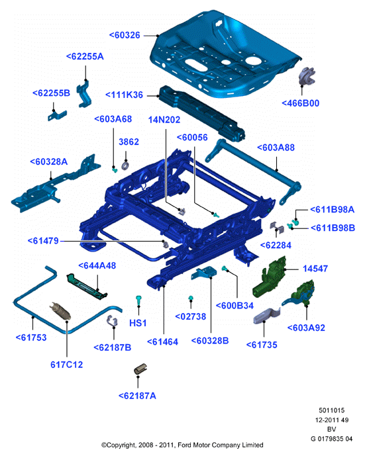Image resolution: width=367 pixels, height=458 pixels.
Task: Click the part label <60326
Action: pyautogui.click(x=125, y=35)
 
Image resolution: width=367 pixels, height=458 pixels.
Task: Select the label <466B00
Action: pyautogui.click(x=300, y=103)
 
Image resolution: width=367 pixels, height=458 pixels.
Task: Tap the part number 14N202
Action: pyautogui.click(x=164, y=120)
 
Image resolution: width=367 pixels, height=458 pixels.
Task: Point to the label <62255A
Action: pyautogui.click(x=85, y=56)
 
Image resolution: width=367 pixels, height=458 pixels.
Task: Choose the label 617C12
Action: pyautogui.click(x=67, y=365)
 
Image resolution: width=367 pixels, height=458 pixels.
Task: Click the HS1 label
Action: pyautogui.click(x=138, y=323)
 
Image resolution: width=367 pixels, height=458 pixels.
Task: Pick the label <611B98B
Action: pyautogui.click(x=333, y=228)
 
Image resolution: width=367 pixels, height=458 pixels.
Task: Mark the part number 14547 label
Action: pyautogui.click(x=315, y=269)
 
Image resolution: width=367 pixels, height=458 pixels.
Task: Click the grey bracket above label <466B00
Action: pyautogui.click(x=307, y=76)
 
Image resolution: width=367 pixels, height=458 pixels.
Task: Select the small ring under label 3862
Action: pyautogui.click(x=125, y=165)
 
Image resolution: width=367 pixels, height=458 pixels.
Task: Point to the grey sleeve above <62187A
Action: pyautogui.click(x=140, y=369)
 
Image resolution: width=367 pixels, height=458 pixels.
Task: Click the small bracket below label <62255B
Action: pyautogui.click(x=57, y=116)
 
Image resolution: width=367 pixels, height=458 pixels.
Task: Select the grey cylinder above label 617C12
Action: pyautogui.click(x=60, y=311)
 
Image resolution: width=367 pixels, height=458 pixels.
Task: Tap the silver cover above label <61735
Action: pyautogui.click(x=267, y=316)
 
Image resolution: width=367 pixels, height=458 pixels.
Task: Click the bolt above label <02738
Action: pyautogui.click(x=191, y=298)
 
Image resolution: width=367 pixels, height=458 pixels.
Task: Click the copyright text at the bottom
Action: pyautogui.click(x=182, y=445)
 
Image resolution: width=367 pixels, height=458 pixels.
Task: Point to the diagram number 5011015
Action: pyautogui.click(x=332, y=410)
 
